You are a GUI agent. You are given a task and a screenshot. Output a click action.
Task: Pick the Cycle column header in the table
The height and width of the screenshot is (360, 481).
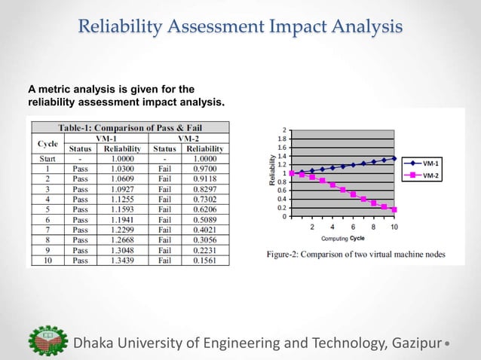point(47,143)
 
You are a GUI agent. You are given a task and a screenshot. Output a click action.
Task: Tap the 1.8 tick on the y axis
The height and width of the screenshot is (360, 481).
point(283,139)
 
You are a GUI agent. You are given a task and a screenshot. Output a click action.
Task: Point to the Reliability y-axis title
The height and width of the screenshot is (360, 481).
point(272,172)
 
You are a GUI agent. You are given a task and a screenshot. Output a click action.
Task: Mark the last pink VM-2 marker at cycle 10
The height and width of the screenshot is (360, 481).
point(394,209)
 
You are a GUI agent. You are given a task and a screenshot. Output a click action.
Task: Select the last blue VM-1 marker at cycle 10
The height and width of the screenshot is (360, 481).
point(394,158)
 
